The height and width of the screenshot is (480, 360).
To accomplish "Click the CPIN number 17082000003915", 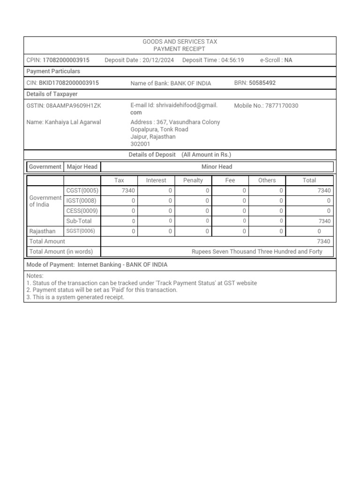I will [66, 60].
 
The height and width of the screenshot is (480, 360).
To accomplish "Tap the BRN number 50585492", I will [262, 83].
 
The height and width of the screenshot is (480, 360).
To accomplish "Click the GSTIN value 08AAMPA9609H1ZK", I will [73, 106].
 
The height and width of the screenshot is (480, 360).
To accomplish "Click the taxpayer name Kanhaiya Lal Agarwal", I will [73, 122].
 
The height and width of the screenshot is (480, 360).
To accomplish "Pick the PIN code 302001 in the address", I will [140, 144].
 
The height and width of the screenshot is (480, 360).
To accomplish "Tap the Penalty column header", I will [193, 180].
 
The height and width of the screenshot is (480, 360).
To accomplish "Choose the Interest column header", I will [156, 180].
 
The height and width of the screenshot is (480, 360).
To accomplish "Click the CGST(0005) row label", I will [82, 190].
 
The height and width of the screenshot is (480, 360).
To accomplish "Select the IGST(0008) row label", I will [82, 201].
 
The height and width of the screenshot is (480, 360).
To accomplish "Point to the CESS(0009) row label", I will [82, 211].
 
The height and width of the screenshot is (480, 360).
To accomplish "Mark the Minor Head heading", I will [217, 167].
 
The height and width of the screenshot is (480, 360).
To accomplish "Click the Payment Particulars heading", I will [53, 71].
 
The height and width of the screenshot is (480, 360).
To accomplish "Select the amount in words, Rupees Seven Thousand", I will [257, 252].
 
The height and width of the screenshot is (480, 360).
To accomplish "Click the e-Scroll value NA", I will [288, 60].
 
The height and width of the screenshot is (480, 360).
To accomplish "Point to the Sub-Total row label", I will [79, 221].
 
